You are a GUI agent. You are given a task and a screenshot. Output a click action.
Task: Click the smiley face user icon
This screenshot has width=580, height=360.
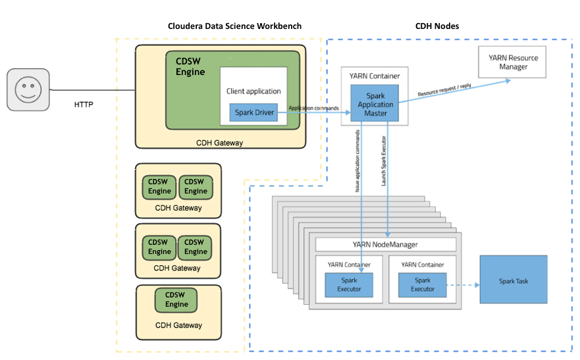[x=28, y=90]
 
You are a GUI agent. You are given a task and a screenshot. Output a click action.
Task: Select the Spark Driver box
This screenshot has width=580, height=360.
[x=253, y=113]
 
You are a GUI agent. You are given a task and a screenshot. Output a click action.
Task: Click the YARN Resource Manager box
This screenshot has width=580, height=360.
[x=513, y=63]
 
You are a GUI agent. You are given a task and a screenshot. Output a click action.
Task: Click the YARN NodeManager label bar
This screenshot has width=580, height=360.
[x=386, y=244]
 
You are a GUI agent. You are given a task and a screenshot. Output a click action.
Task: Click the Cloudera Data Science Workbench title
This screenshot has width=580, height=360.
[x=235, y=26]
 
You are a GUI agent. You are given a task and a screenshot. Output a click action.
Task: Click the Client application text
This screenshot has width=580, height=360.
[x=253, y=91]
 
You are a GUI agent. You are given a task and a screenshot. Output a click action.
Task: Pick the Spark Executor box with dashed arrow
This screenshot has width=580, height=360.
[x=422, y=285]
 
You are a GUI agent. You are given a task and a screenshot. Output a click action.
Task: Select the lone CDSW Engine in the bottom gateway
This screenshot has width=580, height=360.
[x=176, y=300]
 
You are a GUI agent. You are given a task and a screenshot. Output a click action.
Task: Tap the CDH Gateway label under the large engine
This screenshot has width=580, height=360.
[x=220, y=142]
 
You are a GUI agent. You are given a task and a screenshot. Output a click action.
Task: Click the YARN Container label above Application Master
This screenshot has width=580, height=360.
[x=375, y=76]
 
